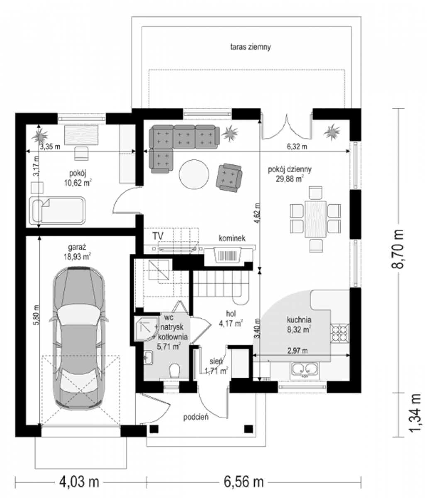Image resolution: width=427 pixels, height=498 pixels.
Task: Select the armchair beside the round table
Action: coord(229,178)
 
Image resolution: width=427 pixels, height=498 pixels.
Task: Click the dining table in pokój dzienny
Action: coord(315,219)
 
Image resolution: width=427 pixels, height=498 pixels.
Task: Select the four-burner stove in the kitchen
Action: coord(340,333)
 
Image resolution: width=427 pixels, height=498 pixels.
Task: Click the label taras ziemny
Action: coord(250,46)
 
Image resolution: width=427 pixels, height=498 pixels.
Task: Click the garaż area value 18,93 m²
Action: coord(77,257)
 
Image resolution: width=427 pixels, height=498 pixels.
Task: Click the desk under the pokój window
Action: coord(81,135)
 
